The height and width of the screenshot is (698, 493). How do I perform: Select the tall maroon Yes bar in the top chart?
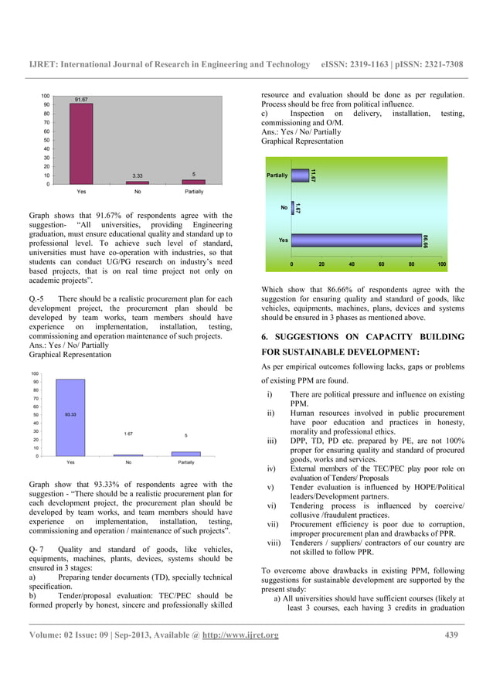[80, 144]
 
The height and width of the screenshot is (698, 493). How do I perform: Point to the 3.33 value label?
[138, 175]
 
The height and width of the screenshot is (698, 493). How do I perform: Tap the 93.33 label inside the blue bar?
[70, 415]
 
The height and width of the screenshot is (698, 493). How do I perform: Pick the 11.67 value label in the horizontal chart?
[313, 176]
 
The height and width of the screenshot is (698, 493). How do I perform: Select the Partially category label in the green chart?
[277, 175]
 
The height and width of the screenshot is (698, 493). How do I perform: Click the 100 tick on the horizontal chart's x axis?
[441, 264]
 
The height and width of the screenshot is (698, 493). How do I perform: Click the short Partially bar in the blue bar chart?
[185, 454]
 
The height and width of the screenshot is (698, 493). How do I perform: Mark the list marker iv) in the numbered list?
[271, 468]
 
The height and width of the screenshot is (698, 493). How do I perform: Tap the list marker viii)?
[274, 543]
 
